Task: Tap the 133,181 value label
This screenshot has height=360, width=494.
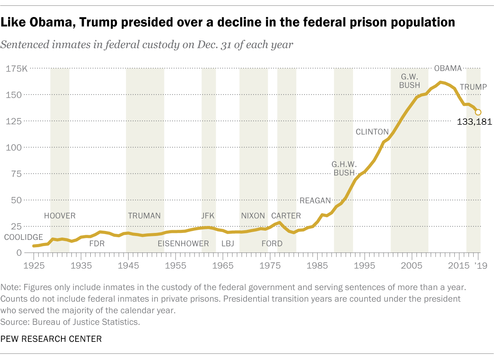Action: (474, 122)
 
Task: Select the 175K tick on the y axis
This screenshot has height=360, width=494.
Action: (17, 69)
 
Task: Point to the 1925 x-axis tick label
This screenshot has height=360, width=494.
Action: (34, 266)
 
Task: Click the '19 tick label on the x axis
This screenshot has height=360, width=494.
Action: (478, 266)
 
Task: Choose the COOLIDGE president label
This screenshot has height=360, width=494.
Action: (24, 237)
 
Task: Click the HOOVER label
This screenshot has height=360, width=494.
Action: (60, 216)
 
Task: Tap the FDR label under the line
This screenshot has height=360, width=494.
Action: (97, 244)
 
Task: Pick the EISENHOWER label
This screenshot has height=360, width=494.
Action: (183, 244)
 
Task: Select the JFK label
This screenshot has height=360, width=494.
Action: (208, 216)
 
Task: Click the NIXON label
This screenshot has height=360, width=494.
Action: (253, 216)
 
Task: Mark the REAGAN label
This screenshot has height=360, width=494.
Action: (315, 200)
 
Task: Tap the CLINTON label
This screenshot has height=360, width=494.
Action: (372, 132)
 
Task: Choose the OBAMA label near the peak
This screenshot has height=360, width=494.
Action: (448, 68)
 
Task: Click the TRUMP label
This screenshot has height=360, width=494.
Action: (473, 87)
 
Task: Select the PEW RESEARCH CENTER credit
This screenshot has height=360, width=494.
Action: (51, 339)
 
